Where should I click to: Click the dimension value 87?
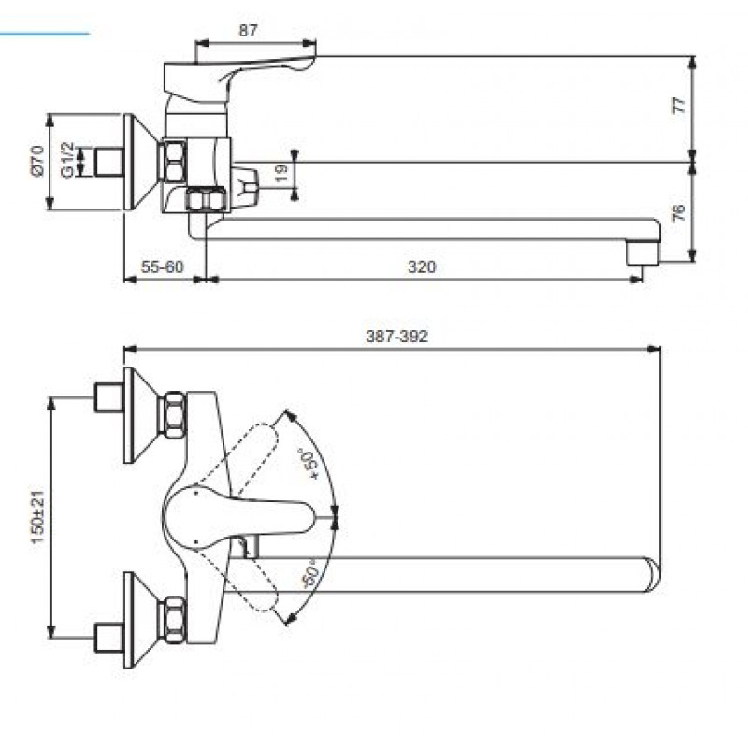click(x=248, y=31)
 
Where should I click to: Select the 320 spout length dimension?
click(x=422, y=266)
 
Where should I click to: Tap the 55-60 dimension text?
click(x=162, y=266)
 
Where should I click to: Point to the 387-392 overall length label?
click(x=396, y=337)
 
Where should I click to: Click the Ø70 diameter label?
click(x=37, y=161)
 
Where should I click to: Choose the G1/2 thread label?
click(x=67, y=160)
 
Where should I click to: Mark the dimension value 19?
click(x=281, y=173)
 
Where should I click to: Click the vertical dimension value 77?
click(x=680, y=105)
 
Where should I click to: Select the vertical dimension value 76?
click(x=680, y=212)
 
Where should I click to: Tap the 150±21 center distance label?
click(x=37, y=516)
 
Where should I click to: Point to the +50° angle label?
click(x=309, y=463)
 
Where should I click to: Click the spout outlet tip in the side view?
click(x=643, y=253)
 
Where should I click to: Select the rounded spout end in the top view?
click(x=652, y=574)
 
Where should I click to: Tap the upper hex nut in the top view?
click(x=175, y=415)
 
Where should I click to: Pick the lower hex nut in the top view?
click(x=175, y=620)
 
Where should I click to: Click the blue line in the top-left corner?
click(x=44, y=34)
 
